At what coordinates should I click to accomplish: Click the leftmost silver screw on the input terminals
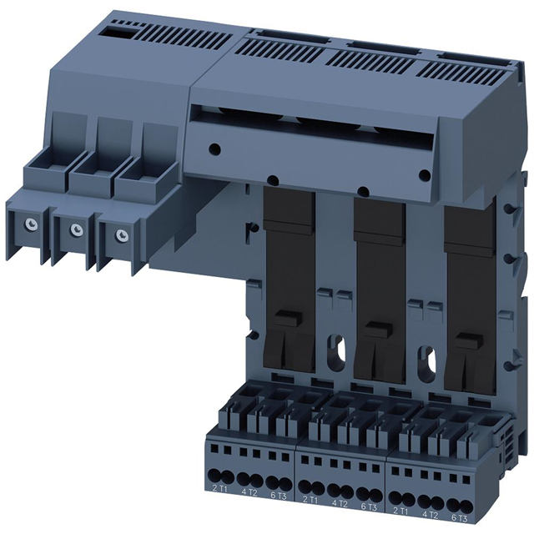(31, 223)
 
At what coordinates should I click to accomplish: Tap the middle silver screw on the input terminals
(76, 228)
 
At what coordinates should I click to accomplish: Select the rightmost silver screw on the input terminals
(122, 234)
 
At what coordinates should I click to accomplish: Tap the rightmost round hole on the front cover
(424, 175)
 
